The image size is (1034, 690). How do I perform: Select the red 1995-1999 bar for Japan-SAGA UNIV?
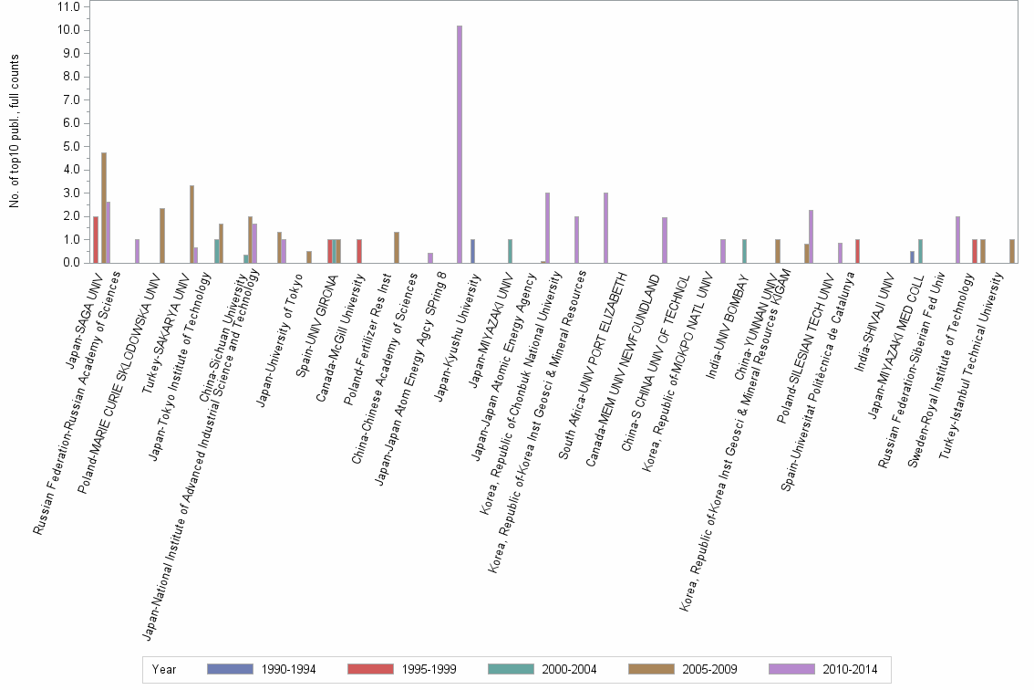pyautogui.click(x=96, y=239)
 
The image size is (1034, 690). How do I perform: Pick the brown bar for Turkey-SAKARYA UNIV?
pyautogui.click(x=191, y=224)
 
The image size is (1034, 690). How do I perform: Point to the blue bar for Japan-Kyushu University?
pyautogui.click(x=472, y=251)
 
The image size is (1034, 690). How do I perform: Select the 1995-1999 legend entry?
pyautogui.click(x=402, y=670)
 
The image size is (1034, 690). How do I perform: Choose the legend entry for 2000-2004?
pyautogui.click(x=543, y=670)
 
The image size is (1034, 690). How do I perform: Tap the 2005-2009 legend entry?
pyautogui.click(x=683, y=670)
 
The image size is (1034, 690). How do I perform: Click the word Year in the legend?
pyautogui.click(x=165, y=670)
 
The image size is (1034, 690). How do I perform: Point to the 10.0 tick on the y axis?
pyautogui.click(x=68, y=30)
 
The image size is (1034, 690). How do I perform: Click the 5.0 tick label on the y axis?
pyautogui.click(x=68, y=146)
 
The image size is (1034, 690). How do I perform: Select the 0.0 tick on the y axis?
pyautogui.click(x=68, y=263)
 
